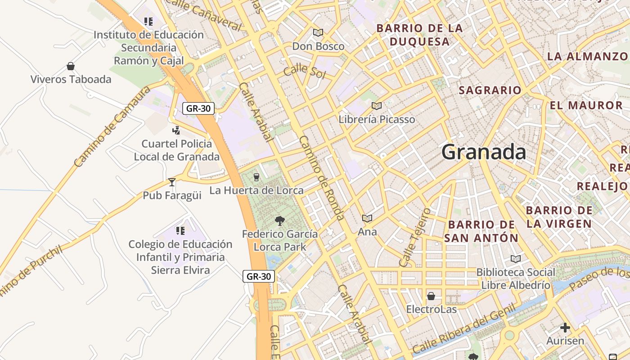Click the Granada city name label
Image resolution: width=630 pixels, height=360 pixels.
483,152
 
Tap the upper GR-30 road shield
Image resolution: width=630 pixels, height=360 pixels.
198,108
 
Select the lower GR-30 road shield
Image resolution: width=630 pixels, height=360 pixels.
259,276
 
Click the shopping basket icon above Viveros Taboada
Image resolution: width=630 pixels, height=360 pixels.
71,67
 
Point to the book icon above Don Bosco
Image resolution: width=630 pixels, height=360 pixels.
318,32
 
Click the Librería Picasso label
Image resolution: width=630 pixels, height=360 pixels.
377,119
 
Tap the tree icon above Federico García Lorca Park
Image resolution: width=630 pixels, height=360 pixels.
279,220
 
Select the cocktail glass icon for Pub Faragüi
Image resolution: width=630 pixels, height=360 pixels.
171,182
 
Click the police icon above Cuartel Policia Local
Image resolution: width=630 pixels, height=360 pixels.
176,130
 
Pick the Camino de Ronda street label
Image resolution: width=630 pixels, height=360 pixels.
322,178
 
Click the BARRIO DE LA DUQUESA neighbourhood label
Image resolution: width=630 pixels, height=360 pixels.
419,35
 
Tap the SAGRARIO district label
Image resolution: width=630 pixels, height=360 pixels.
490,90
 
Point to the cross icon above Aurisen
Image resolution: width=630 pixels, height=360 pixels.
565,328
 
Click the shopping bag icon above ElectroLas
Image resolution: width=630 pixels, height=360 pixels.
431,296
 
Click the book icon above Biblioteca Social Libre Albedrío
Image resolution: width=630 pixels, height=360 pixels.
516,259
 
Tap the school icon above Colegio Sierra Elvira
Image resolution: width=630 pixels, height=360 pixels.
180,231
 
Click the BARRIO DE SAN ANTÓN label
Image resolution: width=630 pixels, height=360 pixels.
481,231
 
